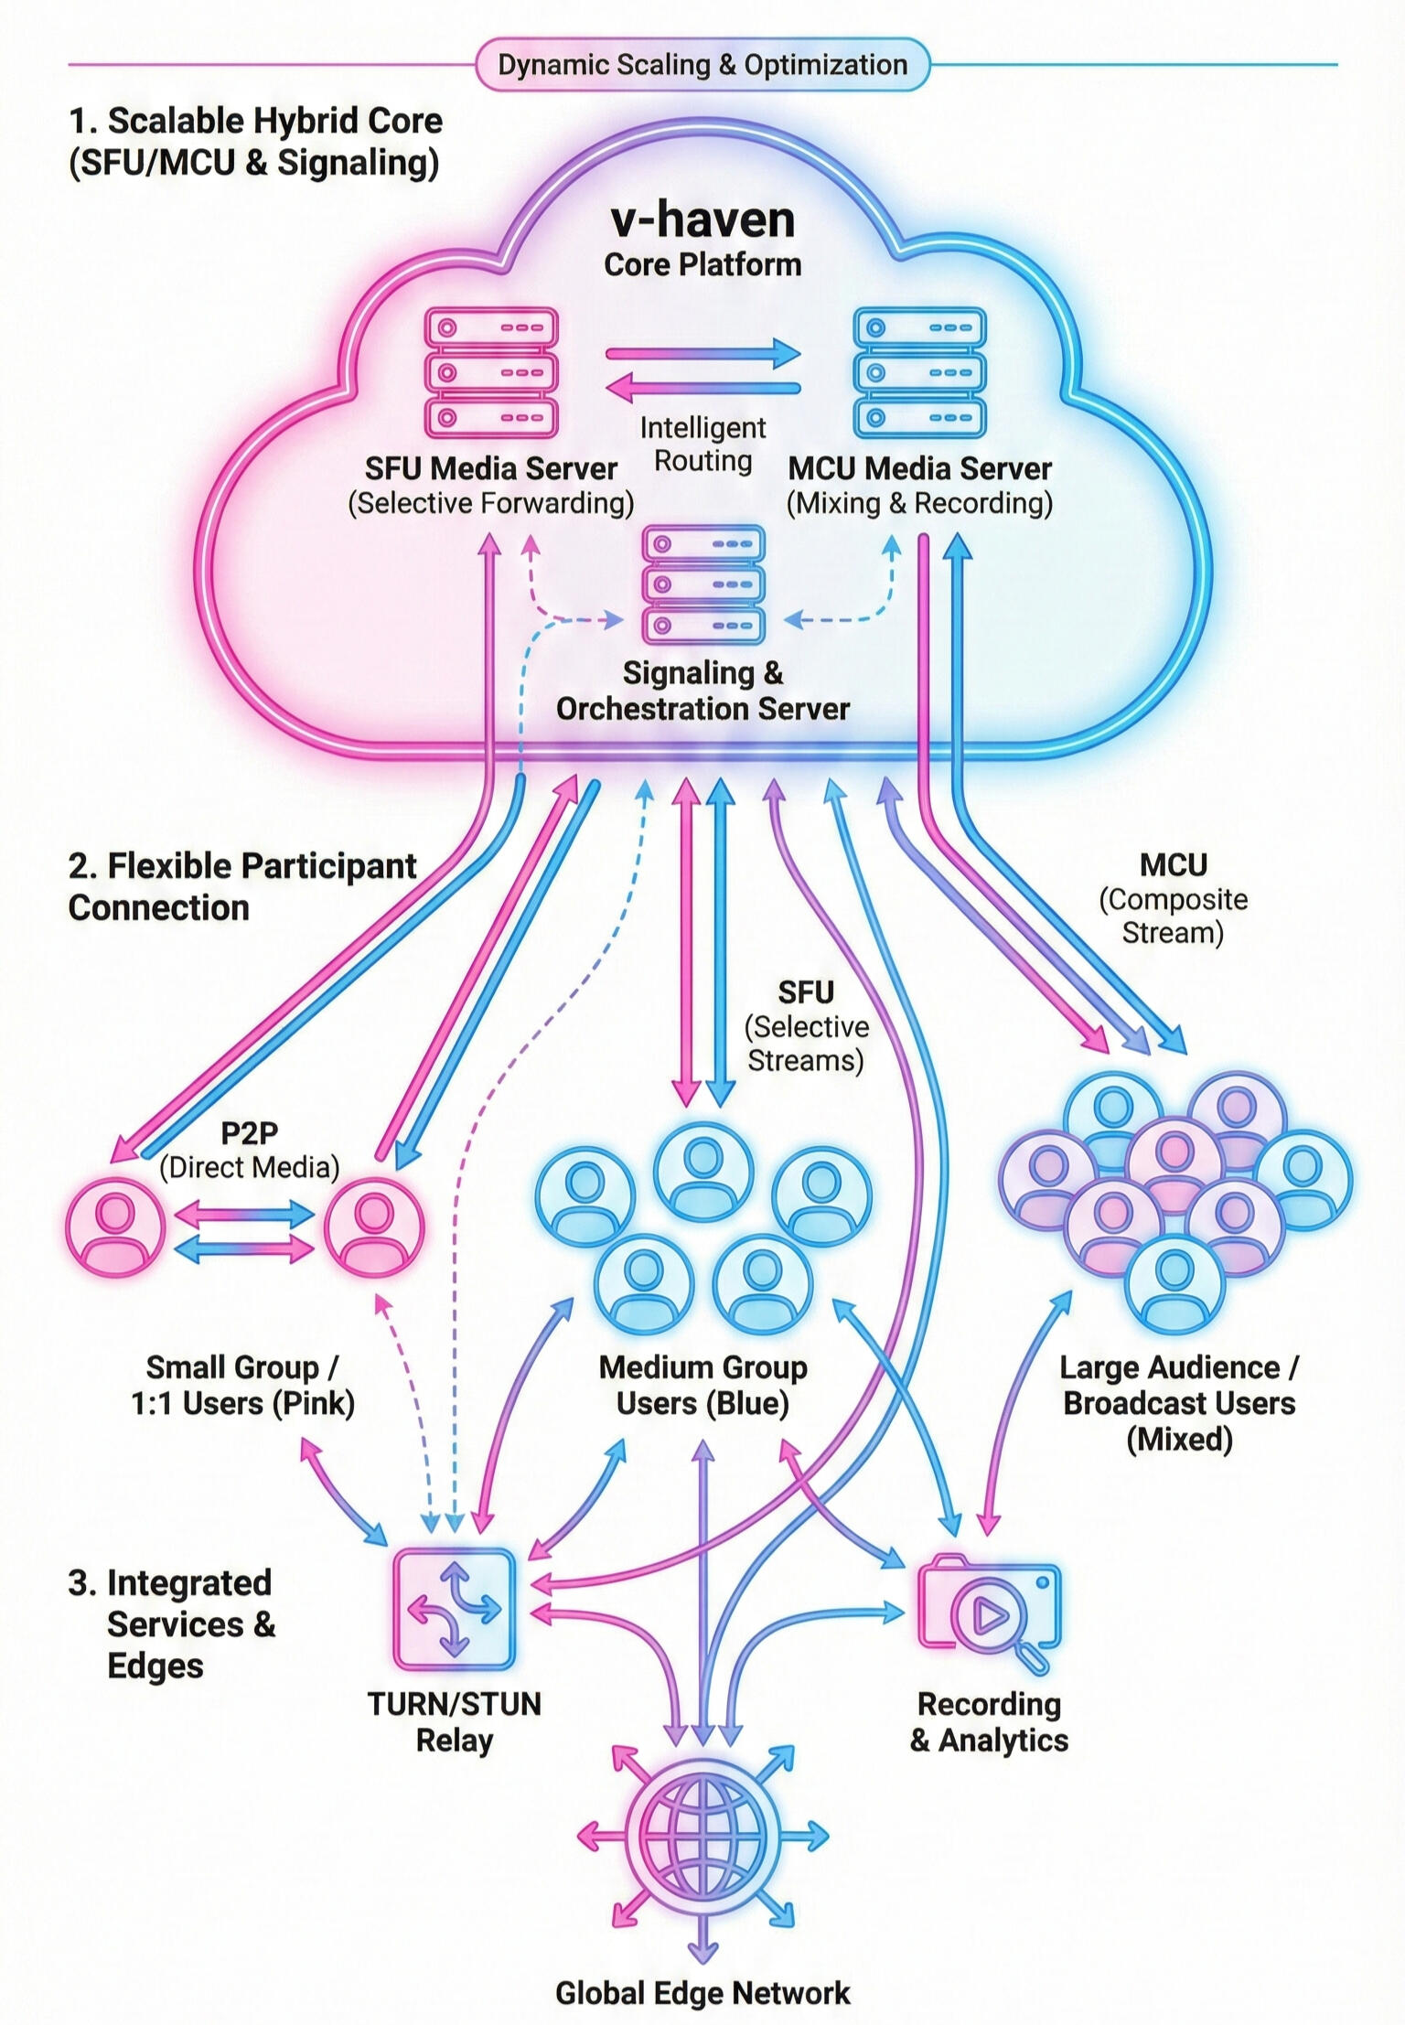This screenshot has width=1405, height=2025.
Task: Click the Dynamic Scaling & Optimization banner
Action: point(702,65)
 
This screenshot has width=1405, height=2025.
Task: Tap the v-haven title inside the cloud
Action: point(702,220)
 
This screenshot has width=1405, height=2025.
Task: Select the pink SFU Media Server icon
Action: point(491,373)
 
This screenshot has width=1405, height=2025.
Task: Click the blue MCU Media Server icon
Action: point(919,373)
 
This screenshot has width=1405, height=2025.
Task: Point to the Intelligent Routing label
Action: point(702,445)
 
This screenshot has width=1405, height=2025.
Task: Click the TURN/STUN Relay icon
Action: point(455,1609)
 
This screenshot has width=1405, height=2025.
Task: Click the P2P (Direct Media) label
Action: point(249,1150)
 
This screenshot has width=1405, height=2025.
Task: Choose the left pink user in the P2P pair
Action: point(116,1227)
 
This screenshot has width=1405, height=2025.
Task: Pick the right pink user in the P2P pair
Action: point(374,1227)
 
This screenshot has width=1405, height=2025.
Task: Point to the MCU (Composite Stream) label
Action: point(1174,898)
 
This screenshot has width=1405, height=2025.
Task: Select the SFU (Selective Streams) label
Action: point(806,1026)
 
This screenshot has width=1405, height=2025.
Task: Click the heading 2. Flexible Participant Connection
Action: point(242,886)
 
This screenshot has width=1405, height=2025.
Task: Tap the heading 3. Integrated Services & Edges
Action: point(172,1623)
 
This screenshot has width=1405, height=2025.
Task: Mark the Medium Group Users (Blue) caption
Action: point(702,1385)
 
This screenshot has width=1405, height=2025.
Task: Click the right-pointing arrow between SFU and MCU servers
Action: point(702,353)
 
